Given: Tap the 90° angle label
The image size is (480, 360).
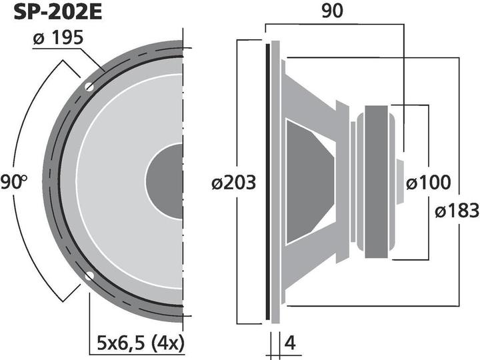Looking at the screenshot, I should (x=13, y=181).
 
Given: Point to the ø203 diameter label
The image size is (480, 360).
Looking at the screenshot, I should (x=234, y=183).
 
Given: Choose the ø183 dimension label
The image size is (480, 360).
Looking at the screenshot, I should (x=457, y=211).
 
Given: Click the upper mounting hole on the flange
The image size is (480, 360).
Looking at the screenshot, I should (x=89, y=87).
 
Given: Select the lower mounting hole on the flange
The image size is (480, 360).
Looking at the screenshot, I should (x=89, y=275).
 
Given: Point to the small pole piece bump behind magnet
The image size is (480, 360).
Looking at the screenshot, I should (x=400, y=181).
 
